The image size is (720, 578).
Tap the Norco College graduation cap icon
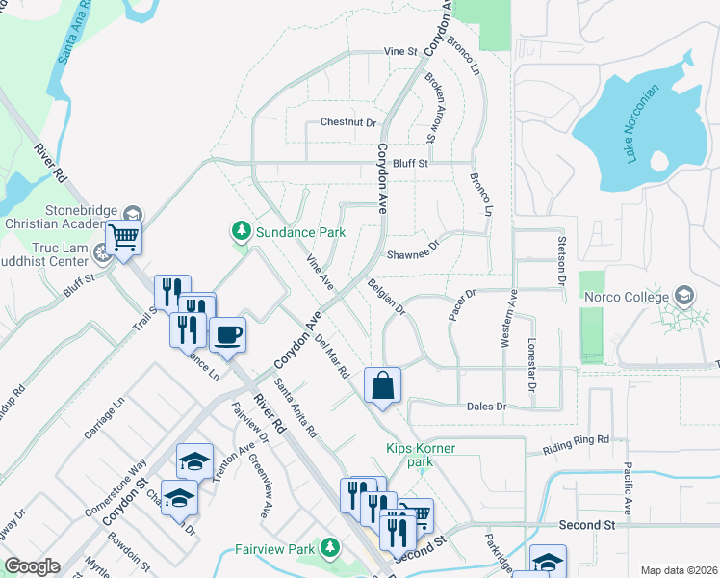(684, 294)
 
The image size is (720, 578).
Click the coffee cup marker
(227, 334)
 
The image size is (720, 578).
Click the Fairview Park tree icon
(330, 549)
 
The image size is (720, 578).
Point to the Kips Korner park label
(421, 456)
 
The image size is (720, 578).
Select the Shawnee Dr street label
(412, 255)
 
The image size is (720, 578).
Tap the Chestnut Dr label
(347, 122)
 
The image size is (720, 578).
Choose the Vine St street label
(400, 51)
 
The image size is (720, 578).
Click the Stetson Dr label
(559, 259)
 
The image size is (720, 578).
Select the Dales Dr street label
(486, 407)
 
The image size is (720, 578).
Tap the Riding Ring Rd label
(577, 439)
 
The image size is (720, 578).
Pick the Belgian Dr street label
(387, 298)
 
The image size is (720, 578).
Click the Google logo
(32, 566)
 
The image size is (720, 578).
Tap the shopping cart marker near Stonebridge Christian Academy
(123, 236)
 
